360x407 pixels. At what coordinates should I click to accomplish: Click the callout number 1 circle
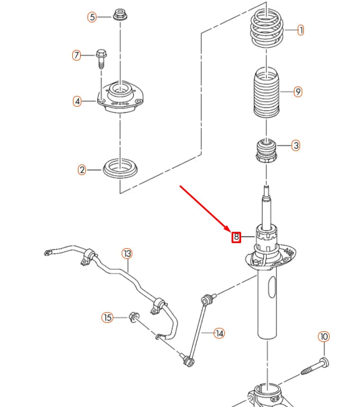tap(301, 30)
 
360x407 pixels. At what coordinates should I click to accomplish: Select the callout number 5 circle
tap(92, 17)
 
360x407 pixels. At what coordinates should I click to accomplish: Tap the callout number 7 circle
tap(77, 55)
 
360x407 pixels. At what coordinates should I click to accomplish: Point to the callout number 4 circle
tap(77, 102)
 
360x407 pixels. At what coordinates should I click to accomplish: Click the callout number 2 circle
tap(82, 169)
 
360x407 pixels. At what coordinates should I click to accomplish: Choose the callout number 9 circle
tap(298, 92)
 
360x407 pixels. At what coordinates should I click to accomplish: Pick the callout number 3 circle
tap(296, 145)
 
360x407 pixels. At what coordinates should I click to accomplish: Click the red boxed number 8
tap(237, 237)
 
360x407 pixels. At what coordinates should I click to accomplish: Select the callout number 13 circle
tap(127, 254)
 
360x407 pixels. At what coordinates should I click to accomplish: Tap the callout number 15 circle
tap(107, 318)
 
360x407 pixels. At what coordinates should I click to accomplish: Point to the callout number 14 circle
tap(219, 333)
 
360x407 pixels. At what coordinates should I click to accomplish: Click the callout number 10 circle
tap(324, 337)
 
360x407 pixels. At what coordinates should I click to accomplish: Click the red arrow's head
tap(229, 230)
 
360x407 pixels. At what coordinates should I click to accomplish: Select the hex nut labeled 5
tap(119, 14)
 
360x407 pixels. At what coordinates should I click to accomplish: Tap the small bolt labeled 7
tap(101, 57)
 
